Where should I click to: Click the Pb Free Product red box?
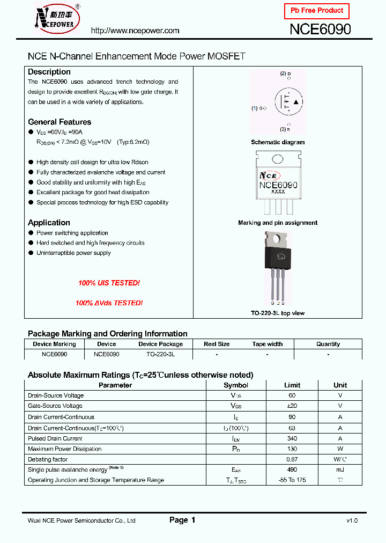pyautogui.click(x=317, y=11)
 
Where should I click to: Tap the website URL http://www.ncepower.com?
pyautogui.click(x=135, y=31)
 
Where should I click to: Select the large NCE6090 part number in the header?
pyautogui.click(x=320, y=30)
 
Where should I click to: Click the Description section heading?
pyautogui.click(x=49, y=72)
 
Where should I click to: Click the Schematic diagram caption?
pyautogui.click(x=278, y=142)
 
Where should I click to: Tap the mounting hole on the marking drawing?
pyautogui.click(x=278, y=159)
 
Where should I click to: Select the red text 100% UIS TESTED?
pyautogui.click(x=109, y=283)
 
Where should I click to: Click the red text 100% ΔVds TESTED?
pyautogui.click(x=109, y=303)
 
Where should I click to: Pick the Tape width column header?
pyautogui.click(x=268, y=344)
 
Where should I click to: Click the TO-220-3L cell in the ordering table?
pyautogui.click(x=160, y=355)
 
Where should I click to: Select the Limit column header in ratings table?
pyautogui.click(x=292, y=385)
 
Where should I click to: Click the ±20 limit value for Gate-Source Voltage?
pyautogui.click(x=292, y=406)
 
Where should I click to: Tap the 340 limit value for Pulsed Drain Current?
pyautogui.click(x=292, y=438)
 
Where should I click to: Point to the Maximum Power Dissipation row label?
pyautogui.click(x=64, y=449)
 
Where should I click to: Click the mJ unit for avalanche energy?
pyautogui.click(x=340, y=469)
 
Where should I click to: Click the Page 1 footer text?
pyautogui.click(x=182, y=520)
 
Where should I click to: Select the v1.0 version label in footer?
pyautogui.click(x=352, y=520)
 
